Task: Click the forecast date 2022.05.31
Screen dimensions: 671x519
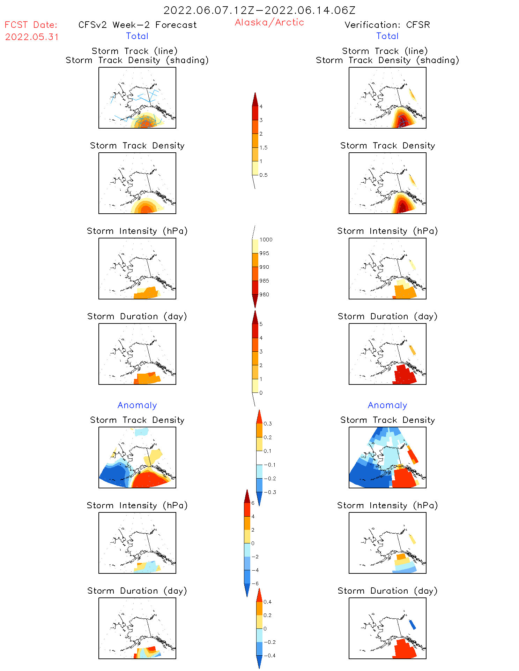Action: click(x=32, y=37)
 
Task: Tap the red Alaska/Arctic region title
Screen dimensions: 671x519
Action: click(x=269, y=22)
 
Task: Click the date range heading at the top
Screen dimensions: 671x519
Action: click(x=259, y=10)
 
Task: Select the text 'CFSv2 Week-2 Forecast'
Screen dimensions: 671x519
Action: click(x=137, y=25)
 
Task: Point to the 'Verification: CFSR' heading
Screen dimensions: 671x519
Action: click(x=387, y=25)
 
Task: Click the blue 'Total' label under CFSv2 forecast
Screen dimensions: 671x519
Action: click(x=137, y=36)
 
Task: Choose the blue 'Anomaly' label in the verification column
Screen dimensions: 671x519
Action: click(x=387, y=405)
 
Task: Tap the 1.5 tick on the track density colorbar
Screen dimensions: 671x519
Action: click(x=264, y=147)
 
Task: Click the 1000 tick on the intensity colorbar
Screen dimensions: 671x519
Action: click(x=266, y=239)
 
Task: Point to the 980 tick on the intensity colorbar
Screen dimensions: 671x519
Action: click(x=264, y=295)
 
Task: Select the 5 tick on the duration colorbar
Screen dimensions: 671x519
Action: click(x=261, y=324)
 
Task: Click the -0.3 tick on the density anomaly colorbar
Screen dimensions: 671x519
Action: click(x=270, y=492)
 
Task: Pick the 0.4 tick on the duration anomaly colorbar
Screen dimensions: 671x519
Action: click(x=267, y=602)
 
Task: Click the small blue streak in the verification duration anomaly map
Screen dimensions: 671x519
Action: click(x=412, y=624)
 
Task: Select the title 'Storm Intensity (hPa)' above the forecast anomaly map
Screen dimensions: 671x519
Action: click(x=137, y=505)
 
